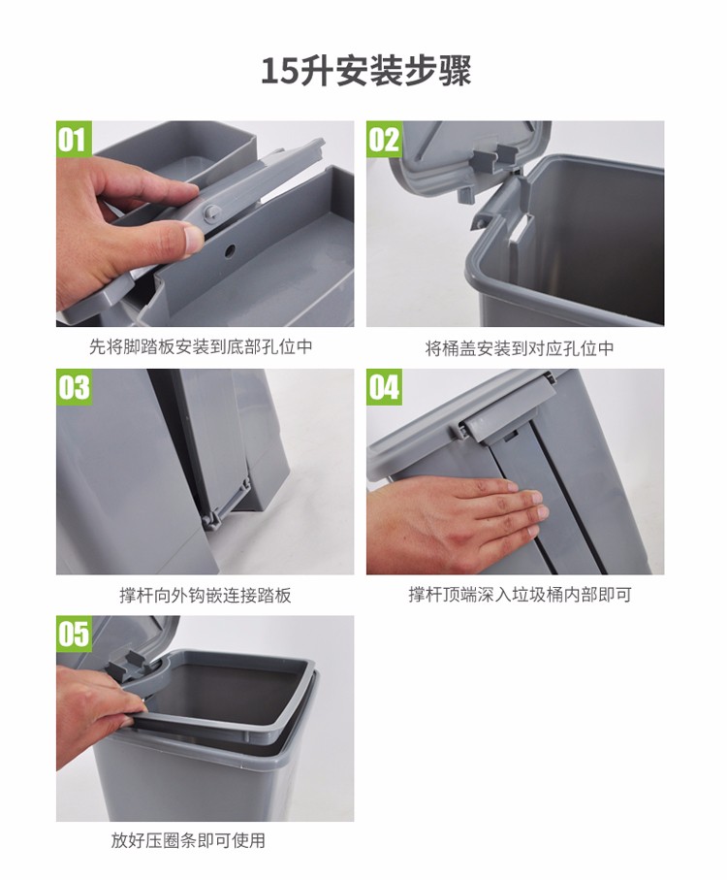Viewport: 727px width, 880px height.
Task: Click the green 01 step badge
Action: point(74,139)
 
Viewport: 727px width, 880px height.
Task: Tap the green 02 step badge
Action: point(384,139)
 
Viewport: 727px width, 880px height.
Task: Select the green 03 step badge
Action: point(74,387)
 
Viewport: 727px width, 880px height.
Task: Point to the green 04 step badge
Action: point(384,387)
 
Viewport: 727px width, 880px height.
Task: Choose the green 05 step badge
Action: point(74,634)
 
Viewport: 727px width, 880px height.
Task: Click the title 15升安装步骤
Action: point(366,71)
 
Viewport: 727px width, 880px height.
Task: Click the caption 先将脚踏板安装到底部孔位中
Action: point(201,346)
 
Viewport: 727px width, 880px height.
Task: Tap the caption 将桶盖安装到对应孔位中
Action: point(520,348)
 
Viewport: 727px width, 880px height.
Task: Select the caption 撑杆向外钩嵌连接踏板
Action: point(205,595)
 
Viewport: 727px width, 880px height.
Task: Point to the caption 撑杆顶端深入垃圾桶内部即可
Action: point(520,595)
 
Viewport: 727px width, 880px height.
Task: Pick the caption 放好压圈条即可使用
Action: point(188,840)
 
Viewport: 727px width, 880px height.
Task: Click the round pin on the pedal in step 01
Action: point(211,212)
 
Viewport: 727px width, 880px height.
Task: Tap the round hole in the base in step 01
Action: point(230,251)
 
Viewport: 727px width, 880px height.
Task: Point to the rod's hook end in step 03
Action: point(214,519)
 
